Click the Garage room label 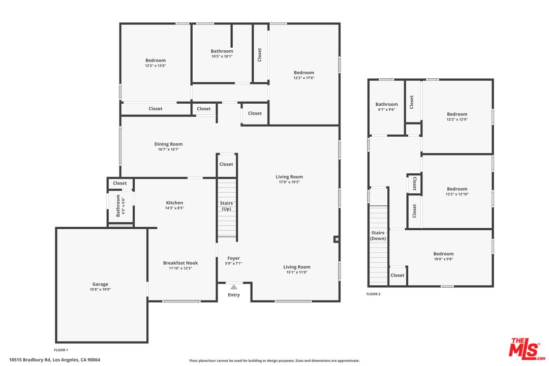[100, 285]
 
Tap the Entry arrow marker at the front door [234, 287]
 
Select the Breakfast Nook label [180, 263]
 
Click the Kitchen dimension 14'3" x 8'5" [174, 208]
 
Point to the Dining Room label [168, 144]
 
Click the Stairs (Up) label [226, 206]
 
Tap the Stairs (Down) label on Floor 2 [378, 236]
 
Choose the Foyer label [234, 258]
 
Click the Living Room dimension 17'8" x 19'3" [289, 182]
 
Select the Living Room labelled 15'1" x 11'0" [297, 267]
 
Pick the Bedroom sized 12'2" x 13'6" [156, 60]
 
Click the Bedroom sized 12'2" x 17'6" [304, 73]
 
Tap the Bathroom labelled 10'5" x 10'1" [222, 51]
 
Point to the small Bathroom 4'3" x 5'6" [118, 206]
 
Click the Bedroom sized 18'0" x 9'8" [443, 254]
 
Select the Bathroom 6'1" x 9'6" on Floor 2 [386, 105]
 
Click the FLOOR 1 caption [61, 350]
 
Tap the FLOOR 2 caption [374, 294]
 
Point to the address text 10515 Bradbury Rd [54, 360]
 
